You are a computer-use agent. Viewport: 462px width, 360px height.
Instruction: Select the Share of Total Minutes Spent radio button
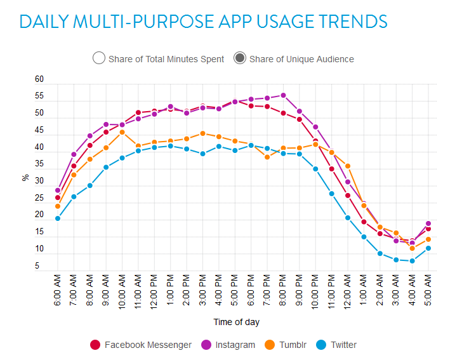(98, 58)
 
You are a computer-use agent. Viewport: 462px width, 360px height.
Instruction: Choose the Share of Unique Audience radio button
(240, 58)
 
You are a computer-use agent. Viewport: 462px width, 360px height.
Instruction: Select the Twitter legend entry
(336, 345)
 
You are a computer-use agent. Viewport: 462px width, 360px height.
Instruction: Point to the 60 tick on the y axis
(39, 79)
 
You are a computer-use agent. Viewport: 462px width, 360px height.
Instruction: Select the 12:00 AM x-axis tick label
(348, 291)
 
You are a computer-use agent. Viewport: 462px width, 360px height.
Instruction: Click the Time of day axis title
(236, 322)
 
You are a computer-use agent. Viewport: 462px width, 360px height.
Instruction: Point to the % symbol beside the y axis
(26, 177)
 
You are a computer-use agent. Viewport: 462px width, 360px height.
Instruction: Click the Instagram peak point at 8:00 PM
(283, 95)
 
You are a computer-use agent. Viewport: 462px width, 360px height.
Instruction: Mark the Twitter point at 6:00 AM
(58, 218)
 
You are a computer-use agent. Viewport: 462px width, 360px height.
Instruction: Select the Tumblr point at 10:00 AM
(122, 132)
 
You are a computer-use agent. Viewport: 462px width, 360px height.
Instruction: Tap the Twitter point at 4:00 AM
(412, 260)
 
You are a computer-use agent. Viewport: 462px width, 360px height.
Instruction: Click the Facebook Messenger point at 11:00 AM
(138, 112)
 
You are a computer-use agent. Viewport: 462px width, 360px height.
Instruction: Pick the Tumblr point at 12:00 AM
(348, 166)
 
